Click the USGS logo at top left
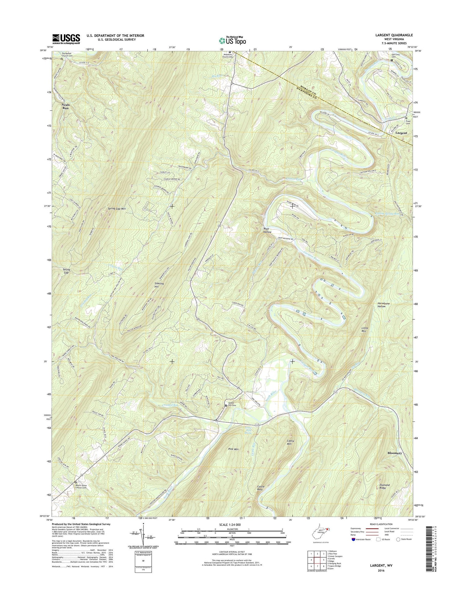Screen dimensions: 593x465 click(x=66, y=39)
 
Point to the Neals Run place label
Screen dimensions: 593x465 click(x=65, y=106)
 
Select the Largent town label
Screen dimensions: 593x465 click(x=401, y=133)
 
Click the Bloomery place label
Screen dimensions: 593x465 click(x=395, y=453)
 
